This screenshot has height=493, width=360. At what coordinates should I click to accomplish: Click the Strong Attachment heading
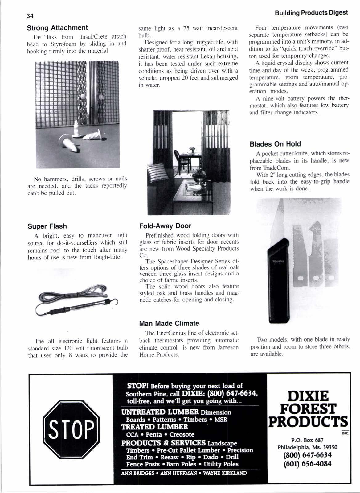pos(57,28)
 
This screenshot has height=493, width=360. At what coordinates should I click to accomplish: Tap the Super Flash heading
pos(47,226)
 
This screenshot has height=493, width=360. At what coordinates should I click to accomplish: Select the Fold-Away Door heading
pos(165,226)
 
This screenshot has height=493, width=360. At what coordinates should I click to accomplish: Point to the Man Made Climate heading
pos(169,323)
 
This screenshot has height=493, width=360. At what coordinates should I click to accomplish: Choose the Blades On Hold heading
pos(275,144)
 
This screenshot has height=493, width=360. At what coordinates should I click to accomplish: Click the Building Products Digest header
pos(311,13)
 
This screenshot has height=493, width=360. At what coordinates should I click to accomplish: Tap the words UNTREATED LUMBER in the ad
pos(160,412)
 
